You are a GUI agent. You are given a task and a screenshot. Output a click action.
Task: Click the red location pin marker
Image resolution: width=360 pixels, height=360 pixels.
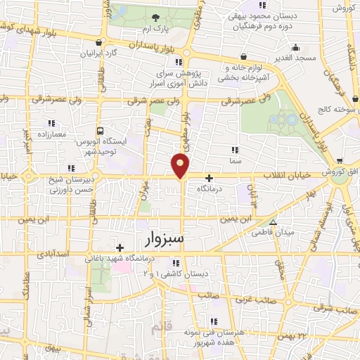click(181, 165)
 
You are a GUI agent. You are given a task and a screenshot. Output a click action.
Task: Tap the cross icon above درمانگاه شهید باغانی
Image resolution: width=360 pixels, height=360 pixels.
click(120, 247)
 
